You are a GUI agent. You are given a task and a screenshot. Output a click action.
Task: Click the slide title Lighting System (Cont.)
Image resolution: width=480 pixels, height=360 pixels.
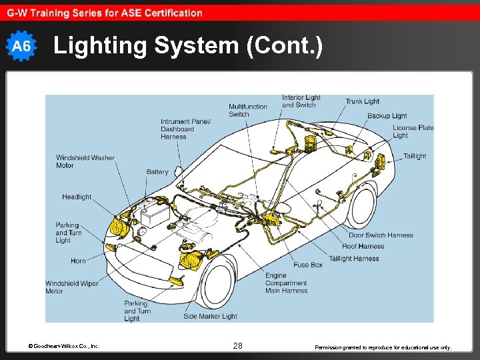click(188, 46)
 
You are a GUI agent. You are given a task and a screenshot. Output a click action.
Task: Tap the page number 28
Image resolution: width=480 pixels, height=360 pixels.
click(238, 345)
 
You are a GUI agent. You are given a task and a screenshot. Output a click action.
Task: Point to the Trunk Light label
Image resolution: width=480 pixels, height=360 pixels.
click(362, 101)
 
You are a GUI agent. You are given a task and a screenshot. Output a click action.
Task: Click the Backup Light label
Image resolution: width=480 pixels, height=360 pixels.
click(387, 116)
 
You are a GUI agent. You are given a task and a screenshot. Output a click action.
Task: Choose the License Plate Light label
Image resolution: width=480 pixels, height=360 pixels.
click(413, 131)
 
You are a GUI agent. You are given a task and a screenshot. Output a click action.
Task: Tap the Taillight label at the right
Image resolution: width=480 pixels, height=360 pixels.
click(414, 156)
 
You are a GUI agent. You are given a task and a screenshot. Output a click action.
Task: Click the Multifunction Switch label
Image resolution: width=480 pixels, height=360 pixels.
click(248, 110)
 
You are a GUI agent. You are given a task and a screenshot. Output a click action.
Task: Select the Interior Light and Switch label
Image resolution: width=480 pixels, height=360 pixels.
click(301, 101)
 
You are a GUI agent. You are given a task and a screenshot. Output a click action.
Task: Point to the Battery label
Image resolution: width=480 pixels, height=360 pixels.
click(157, 172)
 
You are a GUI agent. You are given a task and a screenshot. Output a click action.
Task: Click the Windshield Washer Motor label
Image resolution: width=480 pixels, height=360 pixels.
click(85, 161)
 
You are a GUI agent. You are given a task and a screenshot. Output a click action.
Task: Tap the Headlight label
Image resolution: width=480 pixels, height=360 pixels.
click(77, 197)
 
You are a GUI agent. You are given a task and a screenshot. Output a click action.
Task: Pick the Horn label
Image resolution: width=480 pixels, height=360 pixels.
click(78, 261)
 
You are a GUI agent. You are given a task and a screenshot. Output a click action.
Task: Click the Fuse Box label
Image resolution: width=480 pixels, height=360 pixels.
click(308, 265)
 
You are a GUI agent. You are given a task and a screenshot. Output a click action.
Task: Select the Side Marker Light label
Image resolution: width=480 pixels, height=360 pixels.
click(210, 316)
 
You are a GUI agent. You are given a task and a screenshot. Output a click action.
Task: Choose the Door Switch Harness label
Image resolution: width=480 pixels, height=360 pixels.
click(381, 235)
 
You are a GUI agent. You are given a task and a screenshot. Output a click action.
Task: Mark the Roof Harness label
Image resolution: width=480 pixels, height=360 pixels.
click(363, 246)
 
